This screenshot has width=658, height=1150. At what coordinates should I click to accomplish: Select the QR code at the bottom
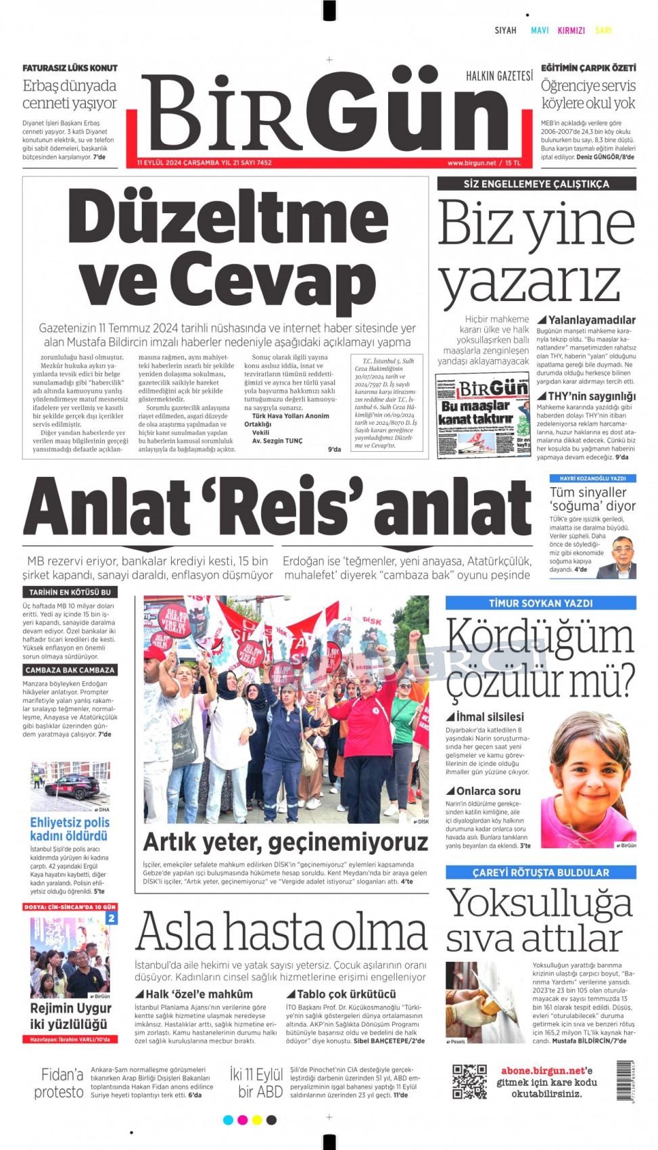point(469,1081)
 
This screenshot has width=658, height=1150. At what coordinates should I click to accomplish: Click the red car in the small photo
point(68,787)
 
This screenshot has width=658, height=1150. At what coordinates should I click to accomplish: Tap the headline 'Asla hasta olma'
point(281,933)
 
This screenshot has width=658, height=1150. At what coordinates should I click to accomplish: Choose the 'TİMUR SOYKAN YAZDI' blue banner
point(540,603)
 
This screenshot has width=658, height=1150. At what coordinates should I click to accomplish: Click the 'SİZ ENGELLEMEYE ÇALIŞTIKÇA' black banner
point(536,183)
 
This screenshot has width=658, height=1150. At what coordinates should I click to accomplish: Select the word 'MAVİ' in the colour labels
point(540,30)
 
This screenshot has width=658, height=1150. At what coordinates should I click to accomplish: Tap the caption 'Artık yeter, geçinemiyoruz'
point(285,842)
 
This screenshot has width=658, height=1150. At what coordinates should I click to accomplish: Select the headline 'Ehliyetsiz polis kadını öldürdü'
point(70,829)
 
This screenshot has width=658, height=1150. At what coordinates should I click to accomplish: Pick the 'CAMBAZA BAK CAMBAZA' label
point(70,670)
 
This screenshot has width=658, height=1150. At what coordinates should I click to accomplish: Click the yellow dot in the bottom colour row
point(257,1120)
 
